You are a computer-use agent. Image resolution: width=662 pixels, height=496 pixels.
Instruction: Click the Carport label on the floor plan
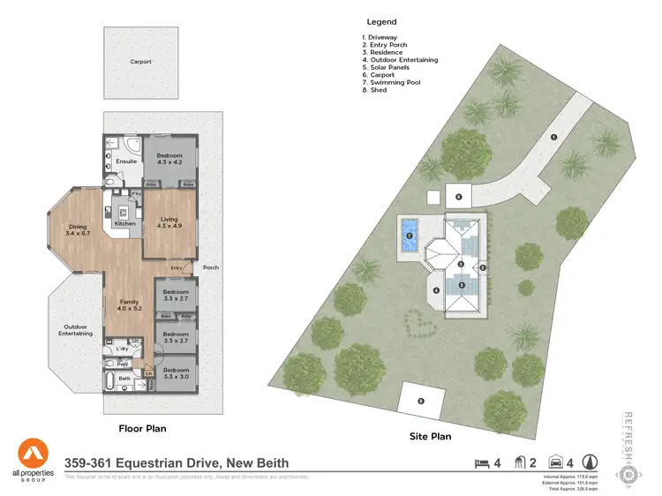coord(140,62)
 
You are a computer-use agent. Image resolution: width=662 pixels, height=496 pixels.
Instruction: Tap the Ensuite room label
coord(126,162)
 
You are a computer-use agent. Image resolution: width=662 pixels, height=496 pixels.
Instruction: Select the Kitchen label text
coord(124,223)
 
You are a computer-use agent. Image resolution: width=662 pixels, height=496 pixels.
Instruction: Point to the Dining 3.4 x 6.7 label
coord(78,229)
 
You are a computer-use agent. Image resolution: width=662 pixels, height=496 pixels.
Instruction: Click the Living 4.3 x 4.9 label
coord(169,222)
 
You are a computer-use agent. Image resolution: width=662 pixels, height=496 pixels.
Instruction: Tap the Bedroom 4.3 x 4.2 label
coord(169,159)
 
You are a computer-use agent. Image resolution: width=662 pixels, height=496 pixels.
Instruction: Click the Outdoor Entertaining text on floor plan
coord(75,331)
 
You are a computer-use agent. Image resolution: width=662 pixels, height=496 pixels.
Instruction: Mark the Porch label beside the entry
coord(210,267)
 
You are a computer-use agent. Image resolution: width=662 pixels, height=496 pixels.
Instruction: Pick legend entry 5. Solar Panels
coord(388,67)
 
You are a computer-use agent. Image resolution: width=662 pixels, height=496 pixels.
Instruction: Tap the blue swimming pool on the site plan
coord(408,235)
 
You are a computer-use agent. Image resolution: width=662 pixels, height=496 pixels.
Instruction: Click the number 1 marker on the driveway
coord(553,137)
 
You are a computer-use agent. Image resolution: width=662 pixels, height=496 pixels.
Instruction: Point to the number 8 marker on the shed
coord(421,402)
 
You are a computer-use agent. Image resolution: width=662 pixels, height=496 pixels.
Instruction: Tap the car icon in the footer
coord(557,462)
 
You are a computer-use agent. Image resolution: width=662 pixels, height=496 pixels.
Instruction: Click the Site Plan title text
coord(430,436)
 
